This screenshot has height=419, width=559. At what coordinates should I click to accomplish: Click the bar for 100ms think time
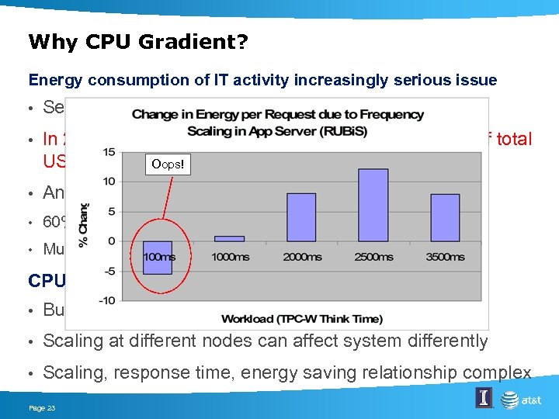157,257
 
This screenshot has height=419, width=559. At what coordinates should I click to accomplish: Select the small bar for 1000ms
229,238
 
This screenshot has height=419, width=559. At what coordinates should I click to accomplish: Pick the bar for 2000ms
301,216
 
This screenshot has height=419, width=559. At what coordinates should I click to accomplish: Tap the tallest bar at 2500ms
373,205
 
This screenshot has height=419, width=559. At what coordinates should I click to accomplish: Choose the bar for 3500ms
445,217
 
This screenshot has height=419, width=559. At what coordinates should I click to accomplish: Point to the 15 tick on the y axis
109,151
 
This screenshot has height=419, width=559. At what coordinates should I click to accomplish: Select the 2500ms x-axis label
373,257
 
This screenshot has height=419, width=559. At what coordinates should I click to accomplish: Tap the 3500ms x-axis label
446,257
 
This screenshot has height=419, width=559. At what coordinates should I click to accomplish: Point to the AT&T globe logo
510,400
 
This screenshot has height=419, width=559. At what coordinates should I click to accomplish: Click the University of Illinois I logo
484,399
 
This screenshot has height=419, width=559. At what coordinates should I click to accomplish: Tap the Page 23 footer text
42,407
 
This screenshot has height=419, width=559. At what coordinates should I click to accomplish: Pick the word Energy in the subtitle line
52,80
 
